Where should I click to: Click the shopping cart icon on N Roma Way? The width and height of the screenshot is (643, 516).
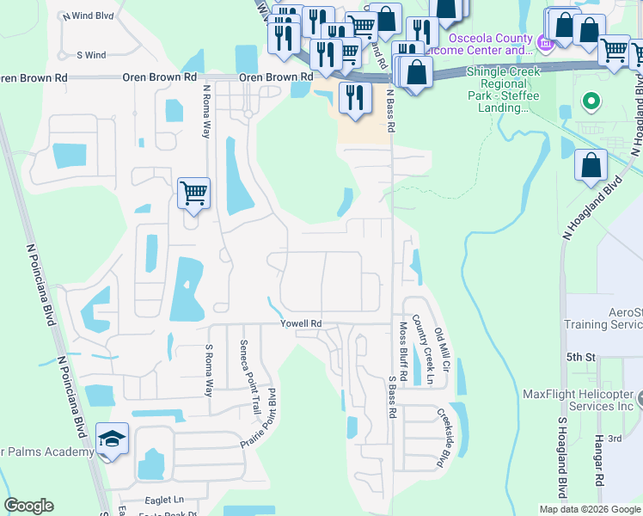click(x=193, y=193)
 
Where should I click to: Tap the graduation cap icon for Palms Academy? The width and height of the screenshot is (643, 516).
click(x=113, y=439)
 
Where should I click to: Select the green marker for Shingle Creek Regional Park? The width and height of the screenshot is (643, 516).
click(x=590, y=102)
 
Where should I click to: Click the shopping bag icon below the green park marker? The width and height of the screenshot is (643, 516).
click(x=591, y=166)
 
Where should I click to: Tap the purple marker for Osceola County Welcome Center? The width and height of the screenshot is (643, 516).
click(x=544, y=42)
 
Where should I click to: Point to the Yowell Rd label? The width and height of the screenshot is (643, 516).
click(x=301, y=323)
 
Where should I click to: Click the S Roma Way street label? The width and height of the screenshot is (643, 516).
click(x=208, y=371)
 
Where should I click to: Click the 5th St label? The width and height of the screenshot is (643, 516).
click(x=580, y=356)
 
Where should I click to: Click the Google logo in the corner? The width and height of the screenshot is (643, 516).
click(x=28, y=506)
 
